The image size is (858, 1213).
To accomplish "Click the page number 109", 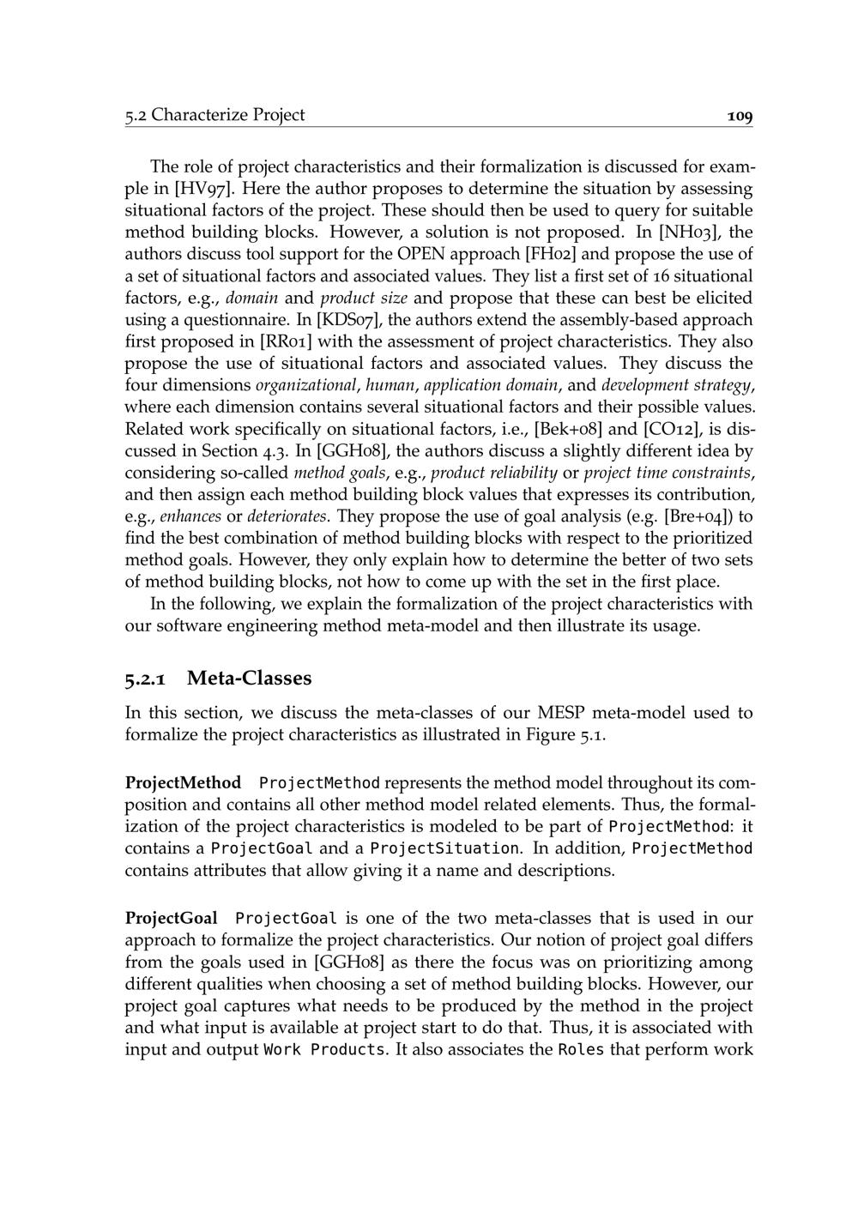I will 739,116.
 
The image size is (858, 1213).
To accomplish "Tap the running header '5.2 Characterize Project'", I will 214,115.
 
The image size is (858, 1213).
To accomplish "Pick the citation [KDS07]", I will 349,320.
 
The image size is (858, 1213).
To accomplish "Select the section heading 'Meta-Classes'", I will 250,679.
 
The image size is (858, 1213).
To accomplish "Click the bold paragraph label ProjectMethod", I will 183,783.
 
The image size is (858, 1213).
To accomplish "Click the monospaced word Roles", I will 581,1050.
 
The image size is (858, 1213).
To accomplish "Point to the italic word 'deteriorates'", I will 287,516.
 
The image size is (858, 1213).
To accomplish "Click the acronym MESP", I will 561,713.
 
